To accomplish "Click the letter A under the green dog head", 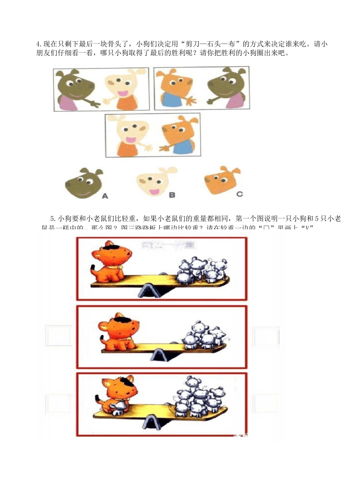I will click(105, 196).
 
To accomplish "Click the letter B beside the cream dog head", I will click(172, 195).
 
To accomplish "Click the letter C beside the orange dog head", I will click(239, 194).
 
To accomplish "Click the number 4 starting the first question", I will click(38, 44).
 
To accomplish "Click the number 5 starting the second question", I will click(52, 219).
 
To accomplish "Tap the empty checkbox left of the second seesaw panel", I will click(59, 336).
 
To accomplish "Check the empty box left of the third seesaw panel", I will click(58, 404).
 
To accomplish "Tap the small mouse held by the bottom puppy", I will click(117, 408).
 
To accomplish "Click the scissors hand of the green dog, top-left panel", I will click(91, 103).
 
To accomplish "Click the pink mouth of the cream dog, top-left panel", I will click(123, 94).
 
